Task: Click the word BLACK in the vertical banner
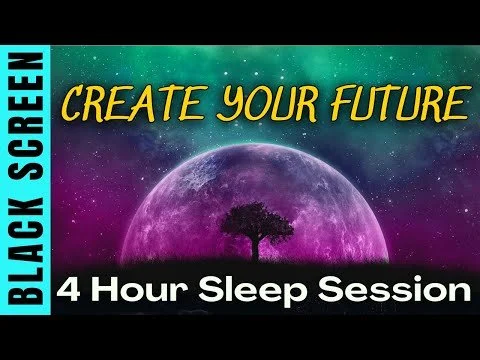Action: [26, 269]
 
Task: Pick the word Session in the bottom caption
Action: [387, 295]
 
